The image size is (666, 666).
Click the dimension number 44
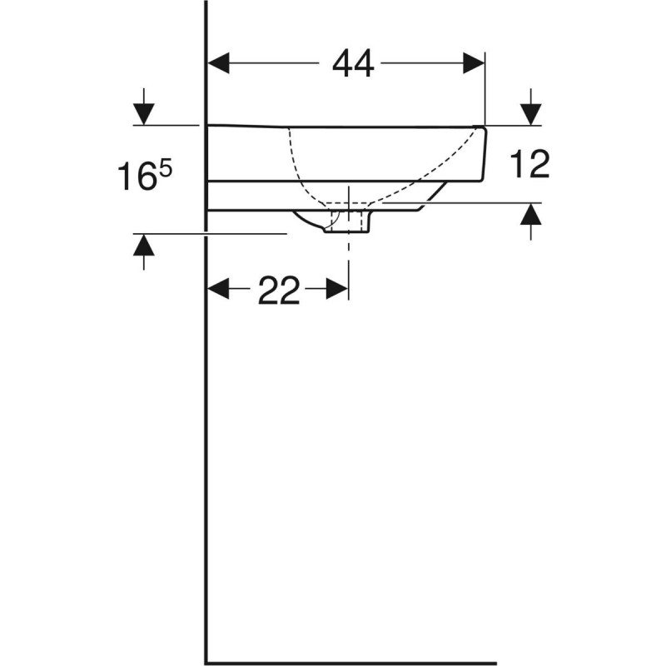click(x=353, y=63)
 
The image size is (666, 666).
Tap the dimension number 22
click(x=278, y=290)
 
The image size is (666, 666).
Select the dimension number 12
click(x=530, y=165)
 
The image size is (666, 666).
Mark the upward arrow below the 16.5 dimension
click(x=144, y=247)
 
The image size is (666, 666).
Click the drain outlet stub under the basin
click(x=348, y=222)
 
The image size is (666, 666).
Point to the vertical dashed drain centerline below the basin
click(x=348, y=258)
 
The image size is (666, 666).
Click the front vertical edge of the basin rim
click(x=485, y=154)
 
